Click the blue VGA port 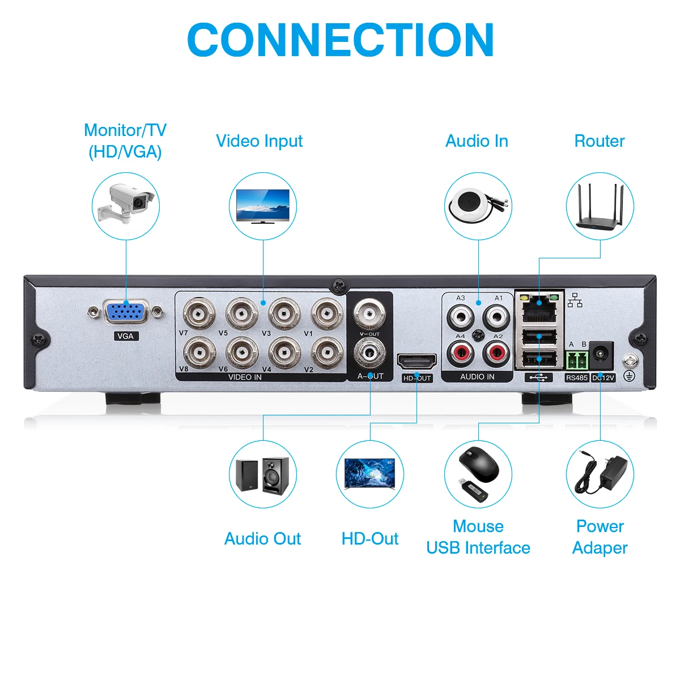click(x=125, y=313)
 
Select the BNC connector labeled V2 click(x=326, y=353)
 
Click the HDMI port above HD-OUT click(x=417, y=362)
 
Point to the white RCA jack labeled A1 click(x=496, y=314)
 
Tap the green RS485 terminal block click(x=576, y=360)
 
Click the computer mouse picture click(x=479, y=465)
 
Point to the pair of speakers click(x=263, y=474)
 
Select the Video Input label click(x=259, y=141)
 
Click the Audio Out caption click(x=262, y=538)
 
